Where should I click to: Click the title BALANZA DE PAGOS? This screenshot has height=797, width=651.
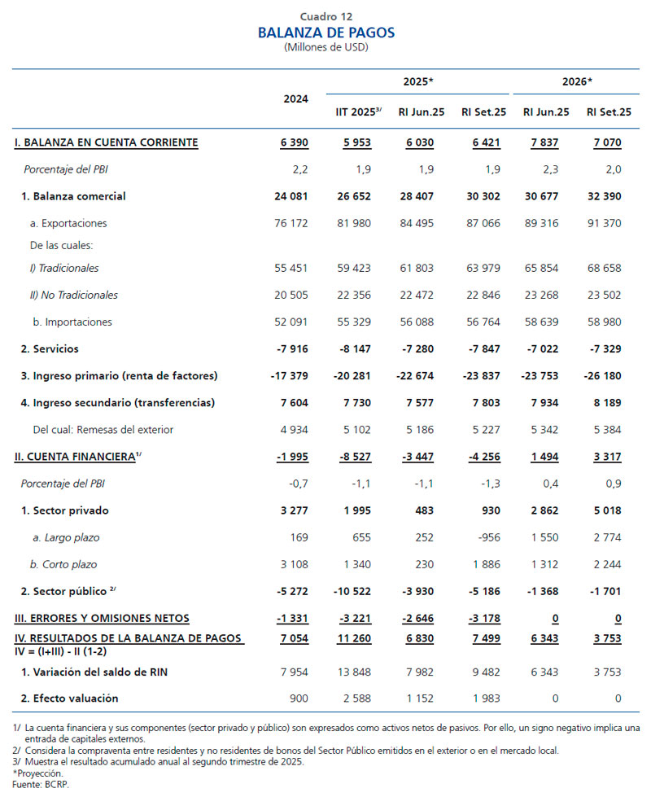pyautogui.click(x=325, y=33)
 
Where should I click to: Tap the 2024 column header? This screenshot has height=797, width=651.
pyautogui.click(x=295, y=99)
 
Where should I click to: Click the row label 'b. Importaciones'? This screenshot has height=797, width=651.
pyautogui.click(x=72, y=322)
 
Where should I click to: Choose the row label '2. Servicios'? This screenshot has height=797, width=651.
pyautogui.click(x=50, y=348)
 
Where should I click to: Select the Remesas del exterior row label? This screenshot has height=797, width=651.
pyautogui.click(x=103, y=429)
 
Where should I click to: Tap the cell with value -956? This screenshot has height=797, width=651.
pyautogui.click(x=487, y=537)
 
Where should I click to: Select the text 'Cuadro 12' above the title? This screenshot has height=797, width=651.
pyautogui.click(x=325, y=16)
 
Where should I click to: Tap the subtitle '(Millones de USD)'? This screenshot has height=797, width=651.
pyautogui.click(x=325, y=47)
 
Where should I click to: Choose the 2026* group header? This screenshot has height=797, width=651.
pyautogui.click(x=577, y=82)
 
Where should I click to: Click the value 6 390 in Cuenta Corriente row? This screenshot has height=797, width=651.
pyautogui.click(x=294, y=142)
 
